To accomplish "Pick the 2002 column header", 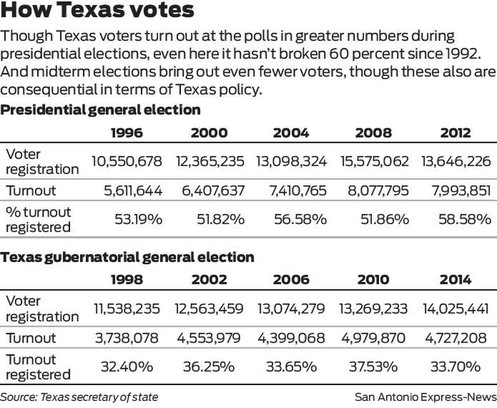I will point(209,279).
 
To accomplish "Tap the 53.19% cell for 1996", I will point(138,220).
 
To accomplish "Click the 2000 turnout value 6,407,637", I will point(212,191).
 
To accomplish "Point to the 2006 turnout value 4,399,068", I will point(291,338).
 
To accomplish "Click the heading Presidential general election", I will point(101,110).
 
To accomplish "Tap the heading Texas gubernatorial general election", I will point(127,257).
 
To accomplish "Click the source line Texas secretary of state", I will point(79,397).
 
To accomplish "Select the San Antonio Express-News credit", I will point(425,397).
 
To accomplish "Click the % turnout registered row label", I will point(38,220).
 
